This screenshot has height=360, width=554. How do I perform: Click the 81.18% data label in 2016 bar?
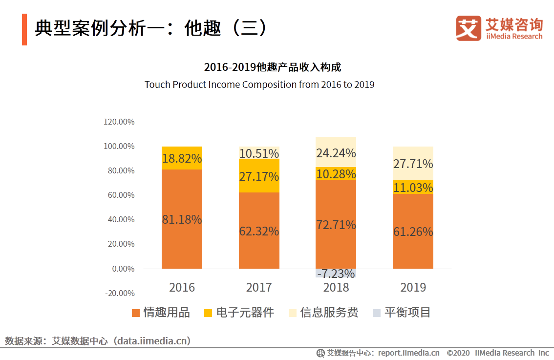point(182,220)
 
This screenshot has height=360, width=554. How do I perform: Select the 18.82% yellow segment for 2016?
point(182,158)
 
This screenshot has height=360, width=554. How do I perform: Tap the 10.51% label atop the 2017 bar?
point(259,153)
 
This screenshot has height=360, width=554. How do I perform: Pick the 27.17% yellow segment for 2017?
point(259,176)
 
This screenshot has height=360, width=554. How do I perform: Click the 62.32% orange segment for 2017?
point(259,231)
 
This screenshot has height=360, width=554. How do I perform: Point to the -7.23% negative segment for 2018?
point(336,274)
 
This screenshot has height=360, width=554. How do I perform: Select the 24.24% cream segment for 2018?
point(336,153)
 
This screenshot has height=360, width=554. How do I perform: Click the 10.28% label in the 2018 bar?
point(336,174)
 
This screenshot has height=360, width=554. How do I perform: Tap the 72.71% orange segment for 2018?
point(336,225)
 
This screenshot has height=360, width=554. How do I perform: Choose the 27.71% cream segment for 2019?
point(413,164)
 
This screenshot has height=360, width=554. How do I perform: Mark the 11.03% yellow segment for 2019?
point(413,188)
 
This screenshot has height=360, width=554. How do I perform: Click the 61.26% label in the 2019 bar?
point(413,232)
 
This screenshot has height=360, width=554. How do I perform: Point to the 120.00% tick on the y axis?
point(119,122)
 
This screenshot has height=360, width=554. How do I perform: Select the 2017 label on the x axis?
point(259,287)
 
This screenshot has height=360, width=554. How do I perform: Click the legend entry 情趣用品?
point(161,313)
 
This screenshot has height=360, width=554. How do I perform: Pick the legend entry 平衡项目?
point(402,313)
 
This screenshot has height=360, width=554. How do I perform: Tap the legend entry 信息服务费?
point(323,313)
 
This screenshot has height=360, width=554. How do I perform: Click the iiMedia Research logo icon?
point(469,28)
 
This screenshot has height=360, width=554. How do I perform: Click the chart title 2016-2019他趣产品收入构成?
point(272,67)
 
